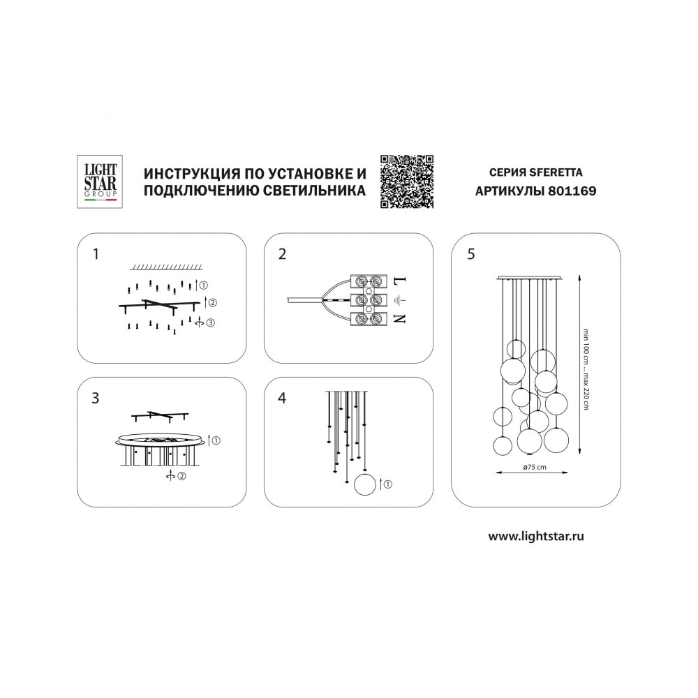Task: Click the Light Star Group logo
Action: (100, 181)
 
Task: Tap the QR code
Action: (407, 181)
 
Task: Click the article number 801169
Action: (572, 191)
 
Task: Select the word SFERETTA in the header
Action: (556, 172)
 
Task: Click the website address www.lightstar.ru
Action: (536, 536)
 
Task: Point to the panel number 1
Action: (95, 254)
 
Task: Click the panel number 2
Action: (282, 254)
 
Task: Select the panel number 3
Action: (95, 398)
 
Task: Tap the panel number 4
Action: (282, 398)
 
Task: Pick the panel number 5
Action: (471, 254)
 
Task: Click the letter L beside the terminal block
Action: (401, 282)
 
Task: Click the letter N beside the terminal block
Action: (401, 318)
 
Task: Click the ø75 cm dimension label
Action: (535, 467)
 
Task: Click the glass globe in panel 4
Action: (365, 484)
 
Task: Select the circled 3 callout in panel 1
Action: (210, 322)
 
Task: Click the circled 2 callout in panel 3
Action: (181, 476)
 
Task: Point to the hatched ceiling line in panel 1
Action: (166, 267)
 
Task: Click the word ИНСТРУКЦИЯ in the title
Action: (187, 173)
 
